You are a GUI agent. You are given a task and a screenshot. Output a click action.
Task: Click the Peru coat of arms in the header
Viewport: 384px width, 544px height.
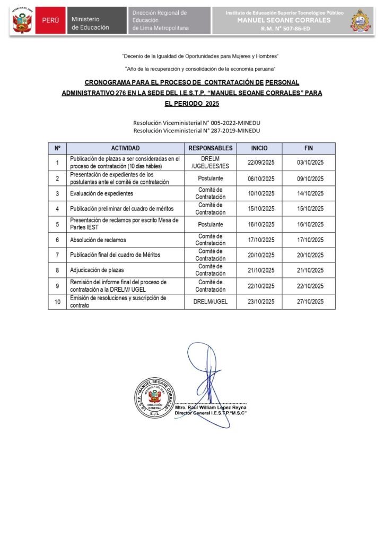pos(22,22)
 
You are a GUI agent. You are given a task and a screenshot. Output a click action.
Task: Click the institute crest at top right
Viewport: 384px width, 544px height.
pos(361,21)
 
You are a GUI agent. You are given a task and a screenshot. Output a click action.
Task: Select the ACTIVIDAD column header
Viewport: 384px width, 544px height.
pos(125,148)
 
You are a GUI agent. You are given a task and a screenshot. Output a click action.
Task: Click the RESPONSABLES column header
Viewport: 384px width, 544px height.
pos(211,148)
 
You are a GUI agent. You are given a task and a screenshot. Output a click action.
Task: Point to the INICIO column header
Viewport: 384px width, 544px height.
pos(259,148)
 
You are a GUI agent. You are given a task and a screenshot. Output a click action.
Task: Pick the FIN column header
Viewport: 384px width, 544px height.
pos(309,148)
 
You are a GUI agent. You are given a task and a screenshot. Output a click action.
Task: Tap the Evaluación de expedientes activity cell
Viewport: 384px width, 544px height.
pos(102,193)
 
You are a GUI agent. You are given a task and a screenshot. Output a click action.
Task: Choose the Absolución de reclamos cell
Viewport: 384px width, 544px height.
pos(98,240)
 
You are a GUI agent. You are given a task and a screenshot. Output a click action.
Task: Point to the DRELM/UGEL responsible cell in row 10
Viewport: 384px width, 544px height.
pos(211,302)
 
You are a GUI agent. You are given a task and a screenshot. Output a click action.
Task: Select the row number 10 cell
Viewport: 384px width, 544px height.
pos(57,302)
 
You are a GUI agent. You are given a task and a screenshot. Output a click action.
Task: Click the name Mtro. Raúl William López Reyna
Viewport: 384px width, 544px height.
pos(211,407)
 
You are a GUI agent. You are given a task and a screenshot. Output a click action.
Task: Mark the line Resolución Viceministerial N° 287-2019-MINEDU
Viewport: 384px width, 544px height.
pos(197,130)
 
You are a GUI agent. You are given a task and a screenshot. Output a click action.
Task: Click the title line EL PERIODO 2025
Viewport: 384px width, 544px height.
pos(192,103)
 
